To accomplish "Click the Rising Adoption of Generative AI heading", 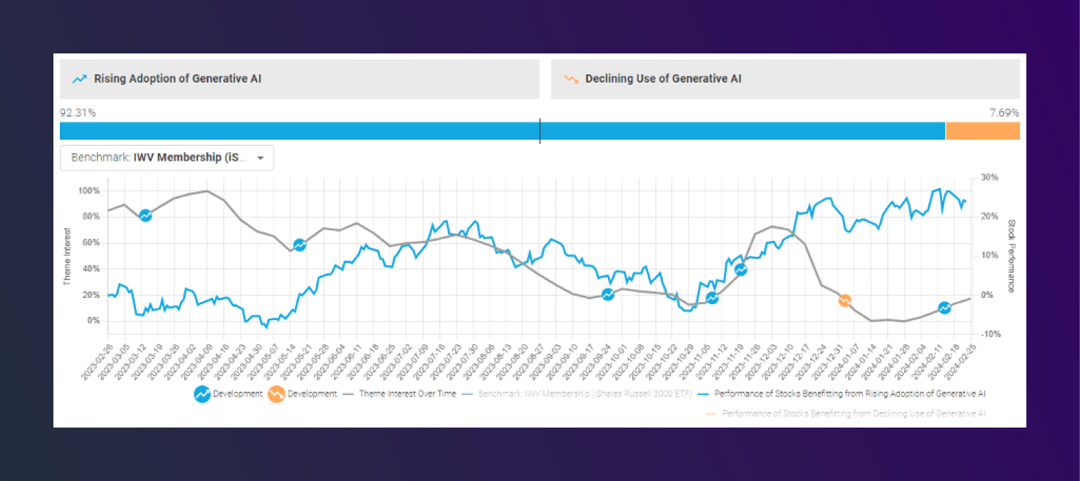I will pos(177,78).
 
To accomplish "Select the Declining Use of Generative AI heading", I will pos(663,78).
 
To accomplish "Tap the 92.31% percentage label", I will pos(78,113).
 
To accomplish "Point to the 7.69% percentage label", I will pos(1004,113).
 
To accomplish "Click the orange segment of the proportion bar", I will pos(982,131).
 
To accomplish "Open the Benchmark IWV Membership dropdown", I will pos(167,157).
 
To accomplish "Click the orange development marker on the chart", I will pos(844,301).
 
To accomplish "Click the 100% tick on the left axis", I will pos(89,191).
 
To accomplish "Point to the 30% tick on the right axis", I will pos(989,177).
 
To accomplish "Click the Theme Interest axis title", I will pos(68,257).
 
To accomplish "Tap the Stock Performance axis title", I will pos(1011,256).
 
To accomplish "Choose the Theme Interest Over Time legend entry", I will pos(407,393).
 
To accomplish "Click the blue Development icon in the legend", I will pos(201,393).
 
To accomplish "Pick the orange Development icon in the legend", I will pos(276,393).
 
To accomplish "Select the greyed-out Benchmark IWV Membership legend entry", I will pos(584,393).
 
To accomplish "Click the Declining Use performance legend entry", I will pos(854,413).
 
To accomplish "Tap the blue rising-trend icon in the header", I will pos(80,79).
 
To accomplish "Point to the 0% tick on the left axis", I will pos(93,321).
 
